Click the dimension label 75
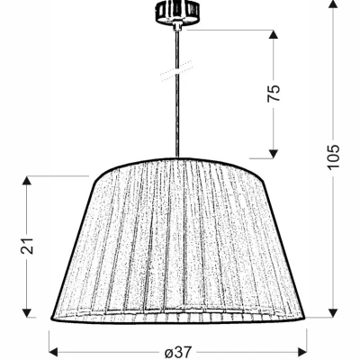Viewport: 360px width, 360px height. pos(275,93)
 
